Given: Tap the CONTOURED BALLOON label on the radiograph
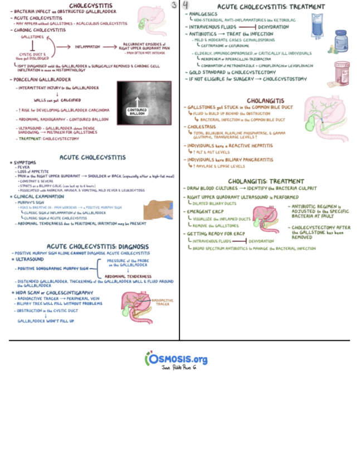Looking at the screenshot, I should (137, 112).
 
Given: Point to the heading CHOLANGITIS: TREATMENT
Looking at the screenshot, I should (266, 181).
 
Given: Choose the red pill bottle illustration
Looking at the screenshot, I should (342, 73).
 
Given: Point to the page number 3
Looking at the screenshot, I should (173, 5).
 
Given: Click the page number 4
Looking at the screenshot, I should (186, 6).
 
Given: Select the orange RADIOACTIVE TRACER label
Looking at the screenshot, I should (162, 302).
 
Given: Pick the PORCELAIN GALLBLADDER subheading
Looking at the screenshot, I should (40, 80).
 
